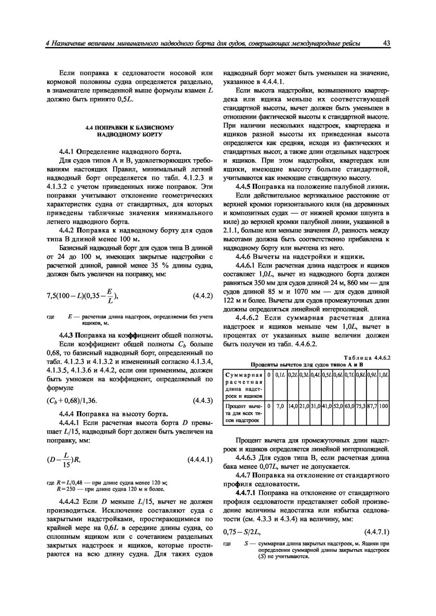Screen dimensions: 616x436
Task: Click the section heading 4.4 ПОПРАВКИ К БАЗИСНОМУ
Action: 130,127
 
